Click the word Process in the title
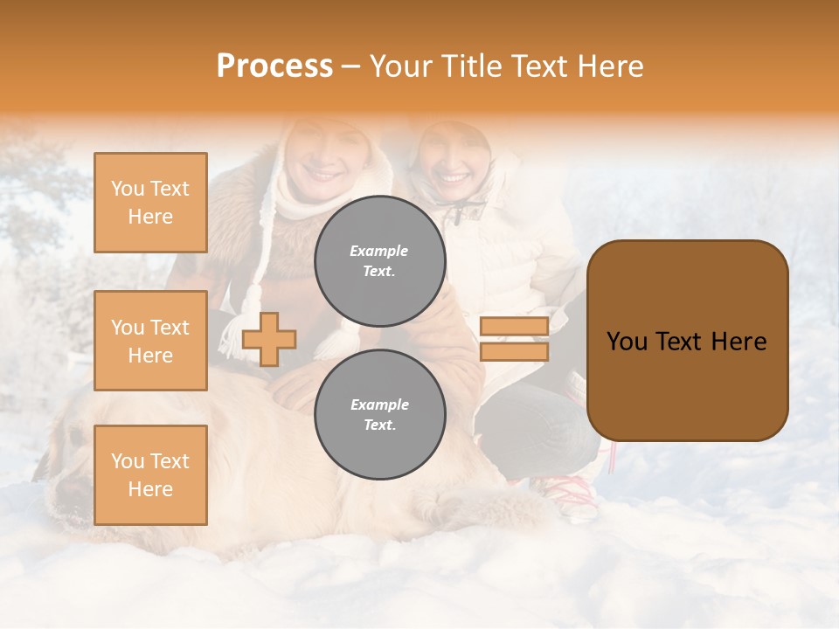274,66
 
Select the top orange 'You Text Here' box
150,203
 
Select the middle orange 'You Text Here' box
150,341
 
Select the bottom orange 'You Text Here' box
150,475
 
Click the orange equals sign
514,339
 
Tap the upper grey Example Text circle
379,260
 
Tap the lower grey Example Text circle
379,414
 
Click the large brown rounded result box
687,341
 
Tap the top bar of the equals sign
514,327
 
